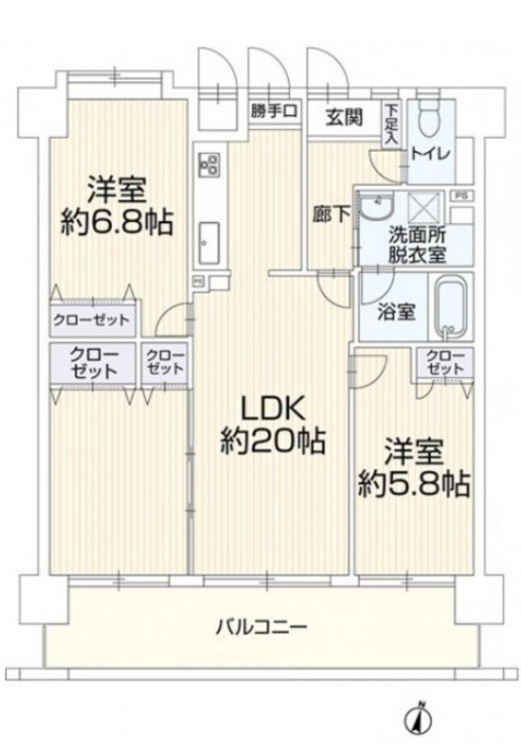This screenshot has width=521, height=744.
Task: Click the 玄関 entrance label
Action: (344, 117)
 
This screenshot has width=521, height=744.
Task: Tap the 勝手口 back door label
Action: (274, 111)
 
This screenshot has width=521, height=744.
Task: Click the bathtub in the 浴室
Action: (451, 308)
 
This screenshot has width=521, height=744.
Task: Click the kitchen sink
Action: (209, 242)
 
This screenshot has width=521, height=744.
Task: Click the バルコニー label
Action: (261, 627)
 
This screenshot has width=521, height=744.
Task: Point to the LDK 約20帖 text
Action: (272, 425)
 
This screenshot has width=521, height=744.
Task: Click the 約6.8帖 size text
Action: (116, 222)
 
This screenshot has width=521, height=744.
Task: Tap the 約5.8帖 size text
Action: (414, 484)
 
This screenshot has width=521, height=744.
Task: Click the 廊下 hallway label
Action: (331, 215)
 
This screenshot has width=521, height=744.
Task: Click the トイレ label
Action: (431, 155)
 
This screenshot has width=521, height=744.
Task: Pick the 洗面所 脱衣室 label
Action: (417, 245)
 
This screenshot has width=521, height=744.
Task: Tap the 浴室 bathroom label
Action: (397, 311)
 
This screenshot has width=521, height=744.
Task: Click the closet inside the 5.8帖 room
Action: (445, 362)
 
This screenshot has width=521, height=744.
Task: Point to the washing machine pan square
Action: (425, 206)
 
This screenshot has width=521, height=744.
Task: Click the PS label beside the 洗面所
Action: (459, 195)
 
